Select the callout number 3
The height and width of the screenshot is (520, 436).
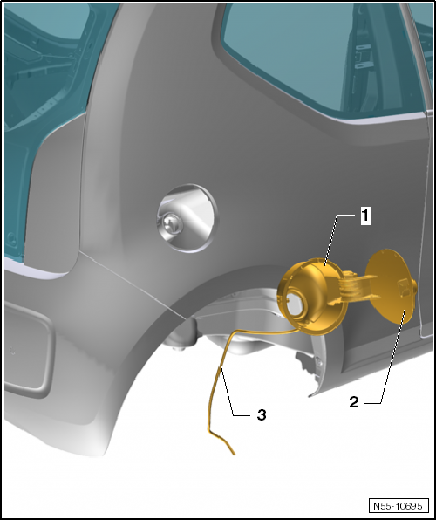(x=261, y=415)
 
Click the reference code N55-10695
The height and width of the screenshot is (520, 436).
(x=397, y=505)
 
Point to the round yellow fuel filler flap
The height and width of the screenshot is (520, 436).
(x=386, y=285)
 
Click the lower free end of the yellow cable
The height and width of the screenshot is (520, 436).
(x=234, y=453)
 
